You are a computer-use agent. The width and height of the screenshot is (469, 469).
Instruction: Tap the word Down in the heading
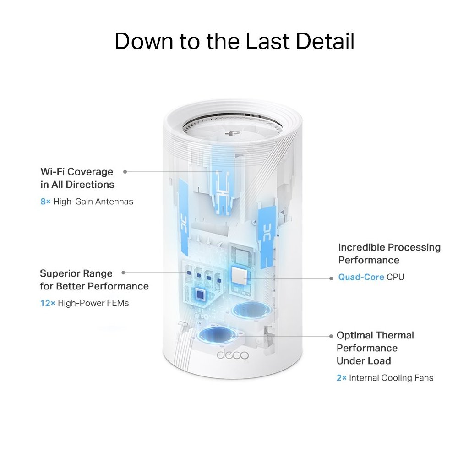point(142,41)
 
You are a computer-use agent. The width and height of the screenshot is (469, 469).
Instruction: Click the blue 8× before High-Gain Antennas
point(45,202)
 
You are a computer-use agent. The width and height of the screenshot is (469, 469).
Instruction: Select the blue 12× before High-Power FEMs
point(47,303)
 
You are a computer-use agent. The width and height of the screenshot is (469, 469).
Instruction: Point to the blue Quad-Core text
point(361,277)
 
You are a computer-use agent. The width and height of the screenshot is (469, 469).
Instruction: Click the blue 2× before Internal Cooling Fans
point(342,378)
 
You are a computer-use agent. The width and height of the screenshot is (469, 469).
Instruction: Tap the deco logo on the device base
point(233,355)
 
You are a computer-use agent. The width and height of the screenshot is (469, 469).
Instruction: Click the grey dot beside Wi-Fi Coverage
point(125,171)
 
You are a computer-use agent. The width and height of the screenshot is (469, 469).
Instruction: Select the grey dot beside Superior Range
point(123,273)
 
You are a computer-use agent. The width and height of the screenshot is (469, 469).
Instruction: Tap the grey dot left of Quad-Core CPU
point(331,278)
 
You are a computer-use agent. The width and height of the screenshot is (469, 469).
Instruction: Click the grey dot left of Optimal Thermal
point(331,336)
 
